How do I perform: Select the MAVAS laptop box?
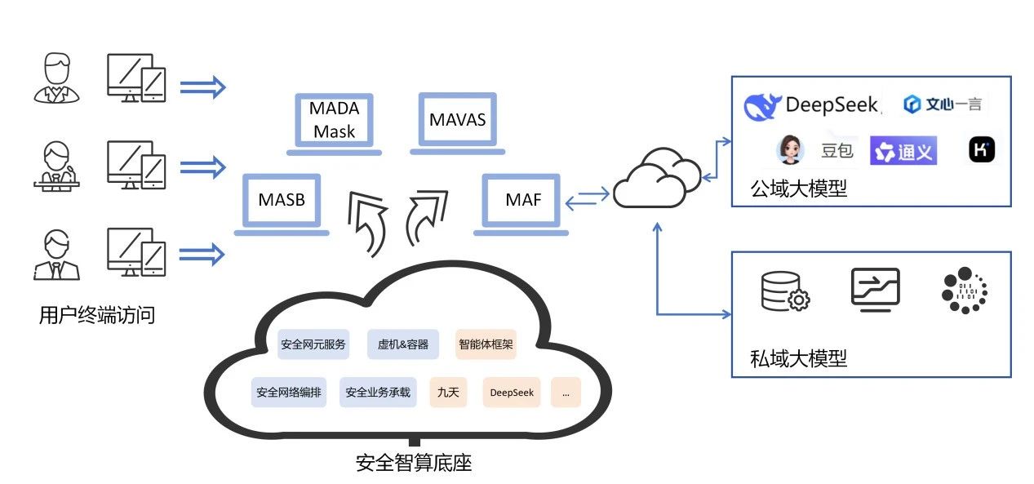pos(457,121)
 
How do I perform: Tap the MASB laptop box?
pos(282,199)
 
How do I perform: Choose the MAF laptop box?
pos(523,199)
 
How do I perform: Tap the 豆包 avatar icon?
pos(790,150)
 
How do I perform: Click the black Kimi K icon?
pos(981,150)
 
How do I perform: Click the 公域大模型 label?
pos(798,189)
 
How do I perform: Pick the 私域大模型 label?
pos(798,358)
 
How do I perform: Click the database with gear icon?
pos(784,291)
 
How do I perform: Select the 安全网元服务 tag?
pos(313,344)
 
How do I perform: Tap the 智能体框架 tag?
pos(486,344)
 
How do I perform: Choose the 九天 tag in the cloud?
pos(448,393)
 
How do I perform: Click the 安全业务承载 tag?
pos(378,393)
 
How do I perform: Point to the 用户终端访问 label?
pos(96,315)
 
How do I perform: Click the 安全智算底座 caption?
pos(414,464)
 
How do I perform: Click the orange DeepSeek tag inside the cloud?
pos(512,393)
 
